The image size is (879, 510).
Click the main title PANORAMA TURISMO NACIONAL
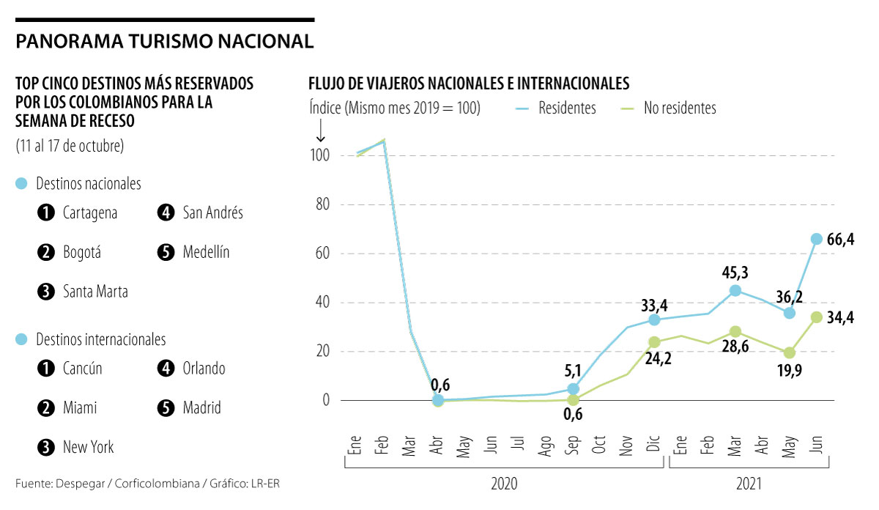click(x=165, y=41)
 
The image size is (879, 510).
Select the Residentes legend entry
click(x=566, y=108)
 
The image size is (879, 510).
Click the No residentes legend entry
click(x=679, y=108)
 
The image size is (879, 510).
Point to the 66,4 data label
click(x=840, y=239)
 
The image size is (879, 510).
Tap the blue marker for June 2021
click(x=816, y=239)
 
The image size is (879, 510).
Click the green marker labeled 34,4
click(x=816, y=317)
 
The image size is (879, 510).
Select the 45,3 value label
click(x=735, y=273)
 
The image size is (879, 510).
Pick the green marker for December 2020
click(x=654, y=342)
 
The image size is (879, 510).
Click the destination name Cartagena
click(x=90, y=213)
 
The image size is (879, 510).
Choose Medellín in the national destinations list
click(x=207, y=252)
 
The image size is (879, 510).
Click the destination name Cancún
click(x=83, y=369)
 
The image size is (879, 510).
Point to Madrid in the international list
click(x=202, y=407)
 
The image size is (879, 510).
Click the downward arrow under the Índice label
click(x=320, y=130)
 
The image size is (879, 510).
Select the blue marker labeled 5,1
click(x=574, y=389)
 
